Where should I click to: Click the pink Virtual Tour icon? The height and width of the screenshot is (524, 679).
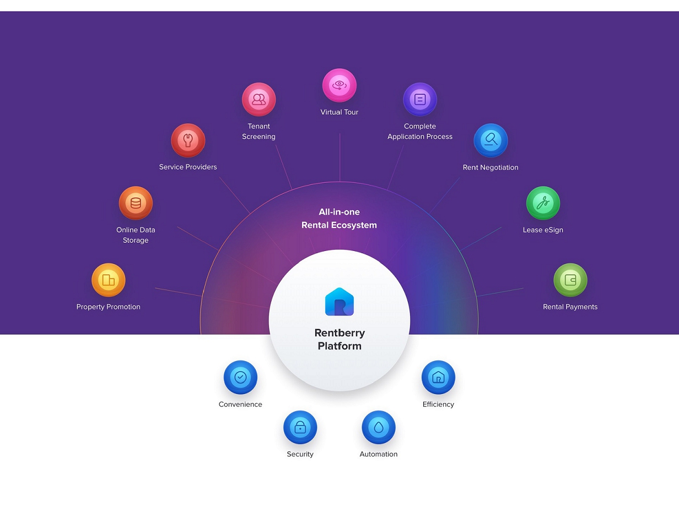pyautogui.click(x=339, y=85)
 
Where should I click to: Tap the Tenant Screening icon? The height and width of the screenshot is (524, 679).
pyautogui.click(x=258, y=100)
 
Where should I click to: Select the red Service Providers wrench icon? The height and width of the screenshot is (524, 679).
pyautogui.click(x=188, y=140)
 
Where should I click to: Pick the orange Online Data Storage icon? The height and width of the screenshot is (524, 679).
pyautogui.click(x=136, y=203)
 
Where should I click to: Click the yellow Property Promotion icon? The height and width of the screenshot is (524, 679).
pyautogui.click(x=109, y=280)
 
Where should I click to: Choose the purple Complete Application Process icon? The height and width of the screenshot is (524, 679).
pyautogui.click(x=420, y=100)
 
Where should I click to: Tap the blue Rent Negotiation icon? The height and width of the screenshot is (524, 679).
pyautogui.click(x=491, y=140)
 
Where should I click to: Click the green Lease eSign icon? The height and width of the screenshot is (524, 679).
pyautogui.click(x=543, y=203)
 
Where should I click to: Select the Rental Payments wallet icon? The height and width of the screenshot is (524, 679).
pyautogui.click(x=570, y=280)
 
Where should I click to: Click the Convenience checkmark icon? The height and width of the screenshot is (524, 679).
pyautogui.click(x=240, y=378)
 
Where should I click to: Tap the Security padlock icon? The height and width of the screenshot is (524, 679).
pyautogui.click(x=300, y=427)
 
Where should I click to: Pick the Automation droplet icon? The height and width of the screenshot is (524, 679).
pyautogui.click(x=379, y=427)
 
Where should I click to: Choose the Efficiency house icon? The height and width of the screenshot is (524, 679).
pyautogui.click(x=438, y=378)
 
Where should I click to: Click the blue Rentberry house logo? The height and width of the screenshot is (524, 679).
pyautogui.click(x=339, y=302)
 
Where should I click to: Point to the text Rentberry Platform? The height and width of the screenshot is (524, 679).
pyautogui.click(x=339, y=340)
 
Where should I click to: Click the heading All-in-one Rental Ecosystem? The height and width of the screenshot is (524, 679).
pyautogui.click(x=339, y=219)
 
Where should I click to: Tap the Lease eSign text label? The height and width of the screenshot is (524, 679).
pyautogui.click(x=543, y=230)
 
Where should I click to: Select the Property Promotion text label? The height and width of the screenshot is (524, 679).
pyautogui.click(x=109, y=307)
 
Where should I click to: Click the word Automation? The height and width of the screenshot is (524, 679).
pyautogui.click(x=379, y=454)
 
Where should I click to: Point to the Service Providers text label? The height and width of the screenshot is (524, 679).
pyautogui.click(x=188, y=167)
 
